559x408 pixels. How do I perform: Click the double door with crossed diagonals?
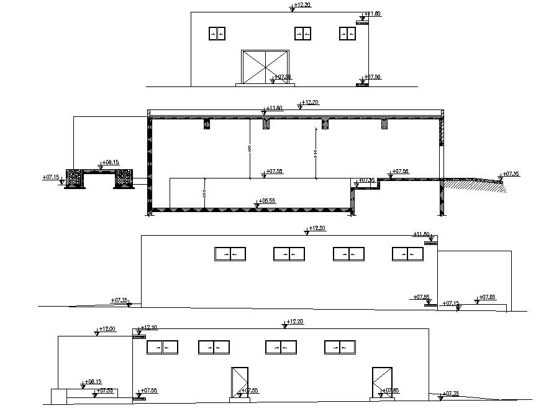point(265,67)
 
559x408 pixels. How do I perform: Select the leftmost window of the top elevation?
point(217,34)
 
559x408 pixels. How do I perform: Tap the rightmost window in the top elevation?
point(347,34)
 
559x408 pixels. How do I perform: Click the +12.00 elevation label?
point(108,329)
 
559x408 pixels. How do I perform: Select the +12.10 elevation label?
point(149,328)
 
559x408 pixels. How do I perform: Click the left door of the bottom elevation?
point(240,381)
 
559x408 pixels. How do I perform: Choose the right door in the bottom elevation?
point(380,381)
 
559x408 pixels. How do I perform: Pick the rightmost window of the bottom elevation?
point(339,347)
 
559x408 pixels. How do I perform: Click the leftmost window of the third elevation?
point(230,254)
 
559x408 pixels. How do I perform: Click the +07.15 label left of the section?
point(51,177)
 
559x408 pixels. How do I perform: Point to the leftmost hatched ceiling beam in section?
point(207,124)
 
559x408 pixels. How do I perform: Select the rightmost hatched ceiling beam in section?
point(385,124)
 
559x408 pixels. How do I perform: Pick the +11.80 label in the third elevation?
point(422,234)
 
